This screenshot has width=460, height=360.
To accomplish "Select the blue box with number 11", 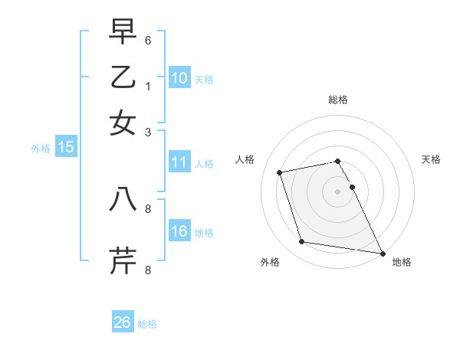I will click(179, 162).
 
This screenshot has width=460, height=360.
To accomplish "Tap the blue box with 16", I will click(179, 231).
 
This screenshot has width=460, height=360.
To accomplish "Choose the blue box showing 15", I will click(66, 147).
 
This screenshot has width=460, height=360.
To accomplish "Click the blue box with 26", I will click(123, 322).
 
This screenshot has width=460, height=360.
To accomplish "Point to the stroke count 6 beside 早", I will click(148, 40).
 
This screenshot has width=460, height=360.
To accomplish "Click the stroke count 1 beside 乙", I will click(148, 86).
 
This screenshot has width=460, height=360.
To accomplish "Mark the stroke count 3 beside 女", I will click(148, 132).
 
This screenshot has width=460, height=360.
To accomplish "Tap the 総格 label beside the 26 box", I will click(147, 324).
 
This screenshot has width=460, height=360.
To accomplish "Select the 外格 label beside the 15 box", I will click(41, 149).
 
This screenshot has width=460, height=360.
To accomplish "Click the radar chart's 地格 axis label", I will click(402, 262).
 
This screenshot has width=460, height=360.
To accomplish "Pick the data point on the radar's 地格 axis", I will click(381, 252).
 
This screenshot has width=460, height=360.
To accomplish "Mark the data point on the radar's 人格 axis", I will click(280, 172).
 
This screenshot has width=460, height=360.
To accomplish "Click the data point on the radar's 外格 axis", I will click(302, 242).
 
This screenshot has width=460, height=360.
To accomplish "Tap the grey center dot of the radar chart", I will click(337, 191).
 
